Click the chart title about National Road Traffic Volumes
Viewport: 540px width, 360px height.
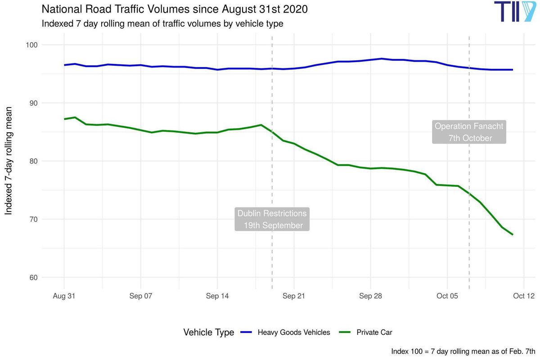pyautogui.click(x=175, y=9)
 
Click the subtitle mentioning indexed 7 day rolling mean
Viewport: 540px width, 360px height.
pyautogui.click(x=162, y=23)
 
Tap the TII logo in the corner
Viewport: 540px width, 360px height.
pyautogui.click(x=514, y=12)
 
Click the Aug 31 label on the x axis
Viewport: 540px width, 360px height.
pyautogui.click(x=64, y=296)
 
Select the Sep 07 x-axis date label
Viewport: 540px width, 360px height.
pyautogui.click(x=141, y=296)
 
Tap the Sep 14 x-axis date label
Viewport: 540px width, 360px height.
pyautogui.click(x=217, y=296)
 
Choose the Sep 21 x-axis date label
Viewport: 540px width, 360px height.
pyautogui.click(x=294, y=296)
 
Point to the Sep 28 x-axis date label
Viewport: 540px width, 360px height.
pyautogui.click(x=371, y=296)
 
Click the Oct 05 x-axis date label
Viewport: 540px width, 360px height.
pyautogui.click(x=447, y=296)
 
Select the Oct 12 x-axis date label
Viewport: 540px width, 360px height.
pyautogui.click(x=524, y=296)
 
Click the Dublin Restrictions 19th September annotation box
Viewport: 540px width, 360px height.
pyautogui.click(x=272, y=219)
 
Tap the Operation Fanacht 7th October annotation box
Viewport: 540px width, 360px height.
pyautogui.click(x=469, y=132)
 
